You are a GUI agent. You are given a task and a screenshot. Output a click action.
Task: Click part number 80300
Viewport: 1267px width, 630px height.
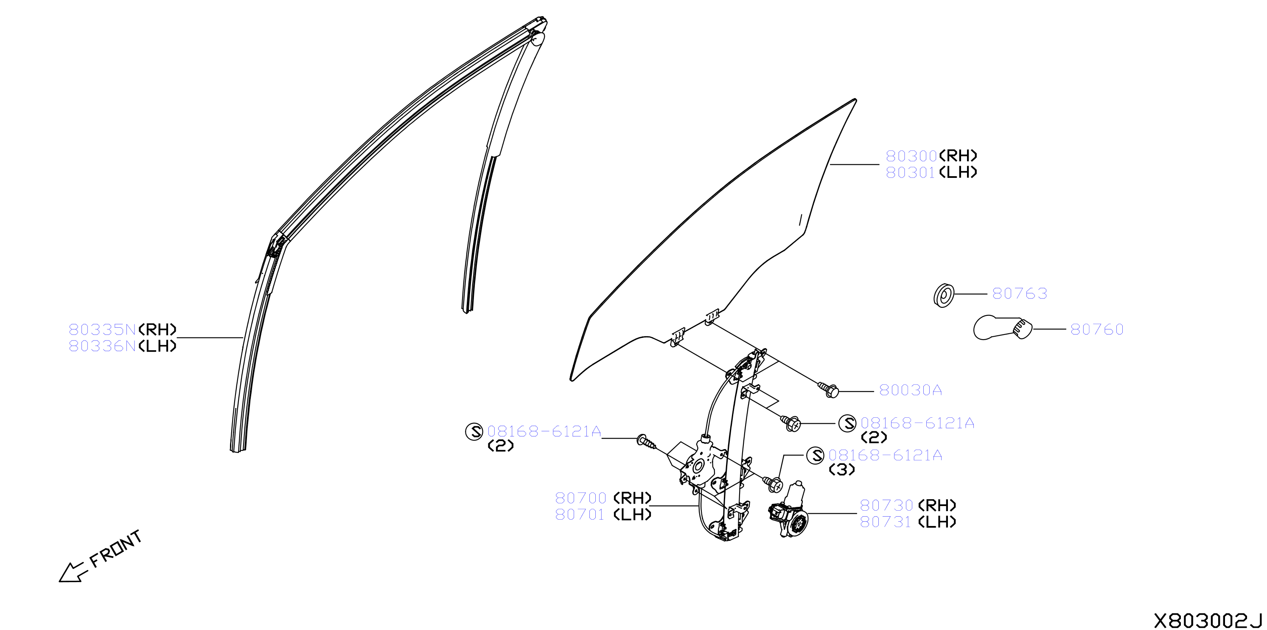[911, 156]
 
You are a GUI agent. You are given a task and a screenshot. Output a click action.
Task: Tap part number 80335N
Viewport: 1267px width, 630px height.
[102, 329]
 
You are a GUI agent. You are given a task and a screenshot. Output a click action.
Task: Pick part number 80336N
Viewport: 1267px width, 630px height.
[102, 346]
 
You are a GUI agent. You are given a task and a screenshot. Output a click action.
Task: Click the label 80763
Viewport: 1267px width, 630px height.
[1020, 294]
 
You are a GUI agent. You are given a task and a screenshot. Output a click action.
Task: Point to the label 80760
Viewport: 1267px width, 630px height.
[1097, 329]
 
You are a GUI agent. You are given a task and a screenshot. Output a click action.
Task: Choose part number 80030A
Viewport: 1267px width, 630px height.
[911, 390]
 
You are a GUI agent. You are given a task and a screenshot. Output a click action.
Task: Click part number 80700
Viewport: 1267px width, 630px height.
[581, 498]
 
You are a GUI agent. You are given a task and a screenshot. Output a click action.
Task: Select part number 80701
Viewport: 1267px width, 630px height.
[580, 515]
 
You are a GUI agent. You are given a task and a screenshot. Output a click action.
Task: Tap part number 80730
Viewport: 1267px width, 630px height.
[886, 506]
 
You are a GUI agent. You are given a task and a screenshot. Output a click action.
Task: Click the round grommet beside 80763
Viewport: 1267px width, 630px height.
[943, 296]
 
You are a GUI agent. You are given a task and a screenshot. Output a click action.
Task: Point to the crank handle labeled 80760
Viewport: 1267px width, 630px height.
[1002, 328]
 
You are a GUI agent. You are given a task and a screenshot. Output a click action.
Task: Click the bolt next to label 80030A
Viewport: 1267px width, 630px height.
[828, 390]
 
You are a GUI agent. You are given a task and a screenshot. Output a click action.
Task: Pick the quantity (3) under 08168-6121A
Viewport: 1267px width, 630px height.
[842, 470]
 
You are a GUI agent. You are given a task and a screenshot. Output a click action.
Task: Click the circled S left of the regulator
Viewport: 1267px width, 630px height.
[474, 432]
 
